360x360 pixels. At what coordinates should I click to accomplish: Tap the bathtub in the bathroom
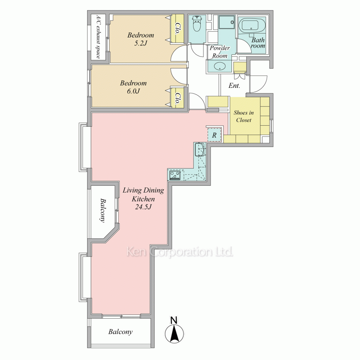pos(252,25)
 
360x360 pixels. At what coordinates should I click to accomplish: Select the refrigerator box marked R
pos(215,135)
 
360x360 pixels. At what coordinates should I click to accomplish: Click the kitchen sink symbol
pos(200,149)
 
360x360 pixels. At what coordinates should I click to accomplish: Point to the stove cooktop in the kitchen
pos(175,175)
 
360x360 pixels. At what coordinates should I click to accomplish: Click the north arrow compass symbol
pos(174,330)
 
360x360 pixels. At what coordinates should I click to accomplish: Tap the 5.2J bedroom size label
pos(140,43)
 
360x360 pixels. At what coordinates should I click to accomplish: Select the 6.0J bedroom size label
pos(133,91)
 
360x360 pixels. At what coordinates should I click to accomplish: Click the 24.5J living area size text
pos(143,207)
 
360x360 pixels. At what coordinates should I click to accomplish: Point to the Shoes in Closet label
pos(244,116)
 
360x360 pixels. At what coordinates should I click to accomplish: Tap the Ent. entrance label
pos(234,85)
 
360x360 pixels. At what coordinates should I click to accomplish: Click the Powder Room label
pos(220,51)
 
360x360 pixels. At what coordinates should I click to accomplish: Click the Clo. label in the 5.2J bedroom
pos(177,28)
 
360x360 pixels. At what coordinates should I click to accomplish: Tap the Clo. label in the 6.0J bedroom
pos(177,99)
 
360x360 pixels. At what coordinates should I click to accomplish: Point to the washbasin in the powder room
pos(220,66)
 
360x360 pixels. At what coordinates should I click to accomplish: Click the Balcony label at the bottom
pos(121,332)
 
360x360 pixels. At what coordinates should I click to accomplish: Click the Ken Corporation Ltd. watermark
pos(180,252)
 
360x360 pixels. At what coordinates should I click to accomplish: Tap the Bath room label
pos(258,43)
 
